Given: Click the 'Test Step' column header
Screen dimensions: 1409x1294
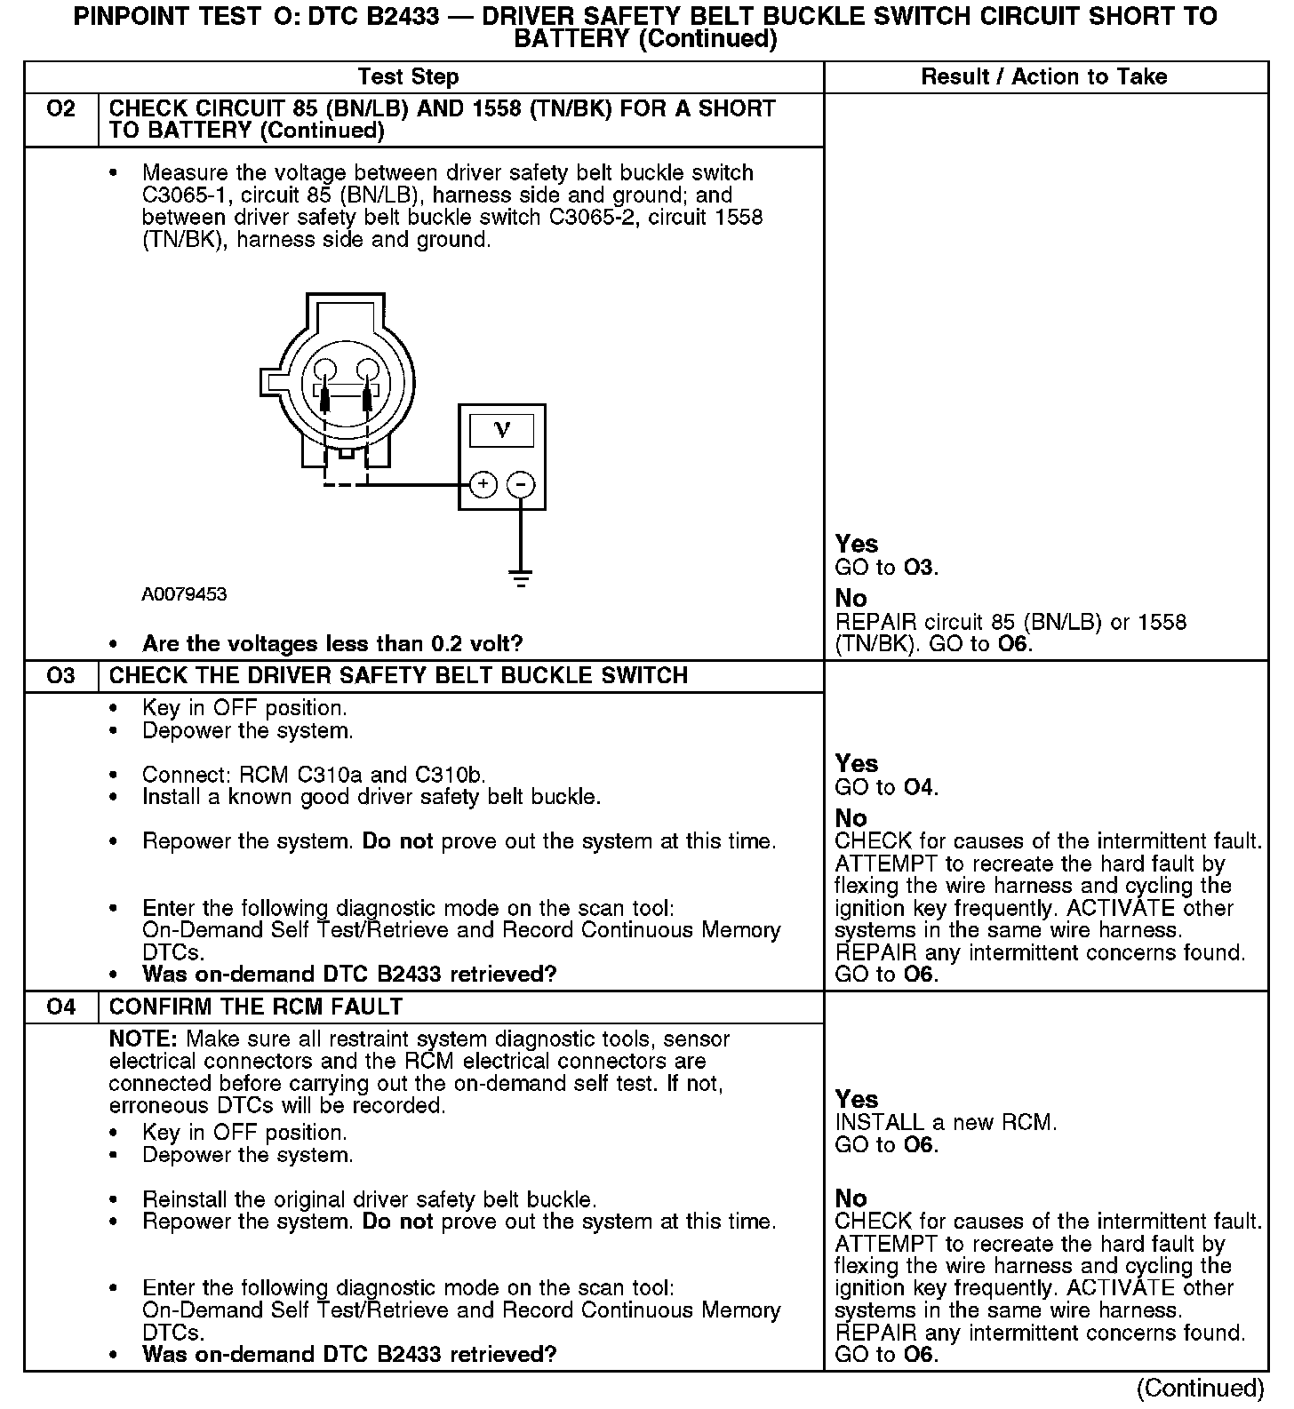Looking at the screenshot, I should click(408, 77).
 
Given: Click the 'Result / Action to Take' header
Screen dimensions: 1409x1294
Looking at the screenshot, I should click(1043, 77).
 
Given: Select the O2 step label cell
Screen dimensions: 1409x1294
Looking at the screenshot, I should click(61, 109).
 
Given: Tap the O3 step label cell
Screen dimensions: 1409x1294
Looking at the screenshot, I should click(61, 676).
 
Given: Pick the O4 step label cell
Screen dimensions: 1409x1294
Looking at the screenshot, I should click(61, 1007).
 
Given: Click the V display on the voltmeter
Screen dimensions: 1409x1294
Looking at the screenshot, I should click(502, 431).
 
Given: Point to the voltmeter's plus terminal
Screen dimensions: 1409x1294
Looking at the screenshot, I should click(483, 484).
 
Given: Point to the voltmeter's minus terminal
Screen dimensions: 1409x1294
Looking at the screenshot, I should click(521, 484).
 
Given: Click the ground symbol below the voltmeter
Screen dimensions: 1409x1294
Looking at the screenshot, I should click(521, 578).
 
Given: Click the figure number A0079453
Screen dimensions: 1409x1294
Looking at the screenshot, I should click(184, 594).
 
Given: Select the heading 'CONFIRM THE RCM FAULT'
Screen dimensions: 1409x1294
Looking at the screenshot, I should click(256, 1007).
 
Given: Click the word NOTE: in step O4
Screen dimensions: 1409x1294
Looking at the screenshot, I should click(144, 1039).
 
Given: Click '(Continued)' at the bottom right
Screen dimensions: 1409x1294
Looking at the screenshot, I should click(1200, 1388).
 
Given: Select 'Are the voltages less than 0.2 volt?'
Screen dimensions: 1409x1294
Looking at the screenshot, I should click(332, 643).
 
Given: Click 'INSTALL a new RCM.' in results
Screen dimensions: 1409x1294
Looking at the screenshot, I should click(946, 1123).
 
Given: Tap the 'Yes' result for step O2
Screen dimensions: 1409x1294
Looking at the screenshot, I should click(856, 544).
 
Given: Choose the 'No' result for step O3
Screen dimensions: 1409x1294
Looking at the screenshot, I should click(851, 817).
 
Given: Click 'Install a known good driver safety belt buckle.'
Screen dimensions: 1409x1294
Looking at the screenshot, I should click(371, 797).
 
